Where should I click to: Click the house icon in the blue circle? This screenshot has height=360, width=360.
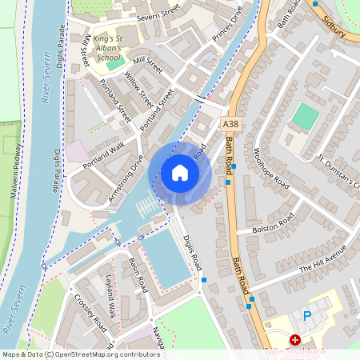coord(180,173)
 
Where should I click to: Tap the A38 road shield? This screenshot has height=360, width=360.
coord(230,124)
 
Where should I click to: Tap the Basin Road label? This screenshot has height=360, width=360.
coord(138,274)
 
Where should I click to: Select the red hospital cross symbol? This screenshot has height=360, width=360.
coord(295,340)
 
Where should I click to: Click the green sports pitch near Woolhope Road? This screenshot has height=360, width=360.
coord(305,117)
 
